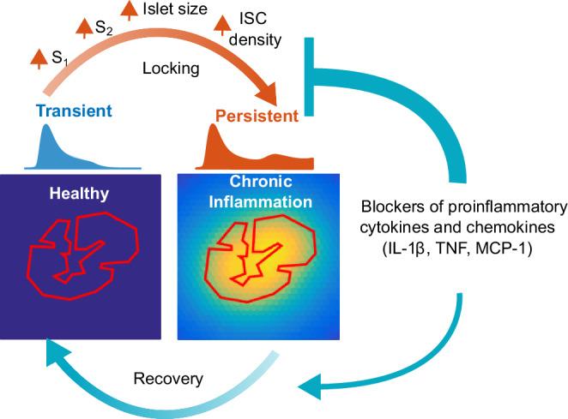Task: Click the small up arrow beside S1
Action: point(38,57)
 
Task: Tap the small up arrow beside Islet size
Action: point(130,9)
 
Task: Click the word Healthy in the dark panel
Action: point(79,194)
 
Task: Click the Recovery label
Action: point(162,377)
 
